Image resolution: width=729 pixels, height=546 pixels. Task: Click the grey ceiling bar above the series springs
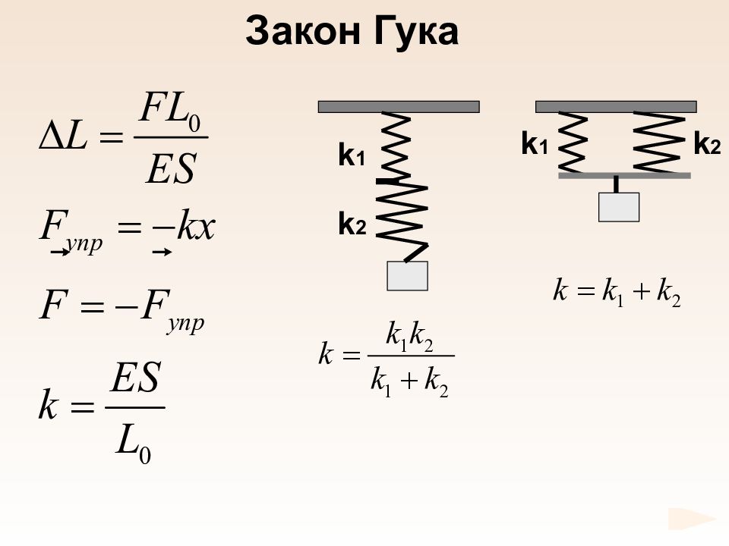399,107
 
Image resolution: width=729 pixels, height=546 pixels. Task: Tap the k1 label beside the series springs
352,155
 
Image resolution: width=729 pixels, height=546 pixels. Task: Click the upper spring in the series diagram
396,146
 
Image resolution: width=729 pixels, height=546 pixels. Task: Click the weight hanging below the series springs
407,276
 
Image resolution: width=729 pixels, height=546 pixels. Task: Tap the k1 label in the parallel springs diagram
535,143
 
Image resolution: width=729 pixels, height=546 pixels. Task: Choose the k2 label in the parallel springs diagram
707,143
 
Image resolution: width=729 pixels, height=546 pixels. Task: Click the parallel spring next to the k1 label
572,142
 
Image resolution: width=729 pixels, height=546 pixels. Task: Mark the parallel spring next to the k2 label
659,142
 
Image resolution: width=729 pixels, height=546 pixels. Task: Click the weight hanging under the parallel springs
619,207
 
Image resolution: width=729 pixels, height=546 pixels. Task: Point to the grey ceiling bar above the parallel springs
616,107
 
